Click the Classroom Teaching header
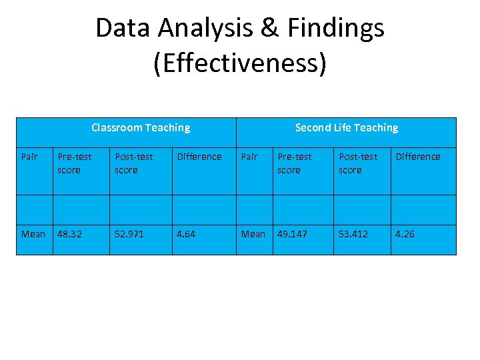(x=140, y=127)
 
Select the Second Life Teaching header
(x=346, y=127)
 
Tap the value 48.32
(x=69, y=234)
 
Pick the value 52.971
(x=129, y=234)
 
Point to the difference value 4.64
(x=186, y=234)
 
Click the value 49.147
(x=293, y=234)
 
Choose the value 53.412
(x=353, y=234)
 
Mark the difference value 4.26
(x=405, y=234)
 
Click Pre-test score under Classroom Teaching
(x=74, y=163)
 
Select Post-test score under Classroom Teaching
(x=133, y=163)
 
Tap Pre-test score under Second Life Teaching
(x=294, y=163)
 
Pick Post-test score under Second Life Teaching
(x=357, y=163)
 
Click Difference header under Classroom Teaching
(x=199, y=157)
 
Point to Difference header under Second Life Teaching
(x=418, y=157)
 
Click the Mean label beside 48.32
(x=33, y=234)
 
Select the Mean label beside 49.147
(x=253, y=234)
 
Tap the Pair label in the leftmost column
(x=29, y=157)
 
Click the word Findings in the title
(x=336, y=28)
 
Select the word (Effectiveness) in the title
(x=240, y=63)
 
